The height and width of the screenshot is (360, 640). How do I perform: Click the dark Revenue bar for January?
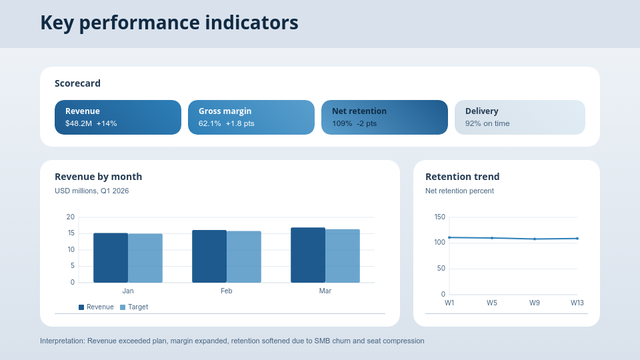point(111,258)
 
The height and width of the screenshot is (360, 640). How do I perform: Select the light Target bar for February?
point(244,257)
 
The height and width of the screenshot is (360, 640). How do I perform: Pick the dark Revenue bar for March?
point(308,255)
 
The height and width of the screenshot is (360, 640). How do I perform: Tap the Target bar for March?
point(343,256)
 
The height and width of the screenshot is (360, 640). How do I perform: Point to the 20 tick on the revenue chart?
point(71,217)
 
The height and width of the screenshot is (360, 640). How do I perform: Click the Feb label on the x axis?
point(227,291)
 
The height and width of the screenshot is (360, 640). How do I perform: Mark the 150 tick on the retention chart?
point(439,217)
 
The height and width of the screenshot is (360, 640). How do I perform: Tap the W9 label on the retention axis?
point(535,303)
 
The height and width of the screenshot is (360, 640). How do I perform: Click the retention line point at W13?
point(577,238)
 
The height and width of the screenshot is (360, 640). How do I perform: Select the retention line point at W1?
point(449,237)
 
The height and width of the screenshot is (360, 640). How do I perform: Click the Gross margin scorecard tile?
point(251,117)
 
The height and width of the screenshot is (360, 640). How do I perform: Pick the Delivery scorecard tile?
point(520,117)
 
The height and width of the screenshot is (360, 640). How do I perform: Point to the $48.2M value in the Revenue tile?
point(79,124)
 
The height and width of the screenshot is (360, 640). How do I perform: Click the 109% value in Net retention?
point(342,124)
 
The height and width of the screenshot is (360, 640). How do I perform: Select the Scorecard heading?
point(77,83)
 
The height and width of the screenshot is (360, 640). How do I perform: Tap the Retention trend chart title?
point(462,177)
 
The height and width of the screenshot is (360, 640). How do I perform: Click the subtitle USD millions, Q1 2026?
point(91,191)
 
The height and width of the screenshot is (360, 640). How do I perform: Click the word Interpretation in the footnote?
point(62,341)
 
